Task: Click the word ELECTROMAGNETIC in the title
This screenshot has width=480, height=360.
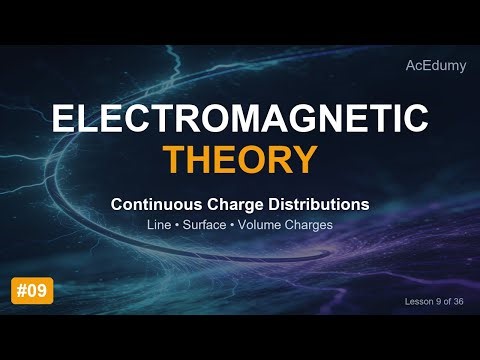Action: (240, 119)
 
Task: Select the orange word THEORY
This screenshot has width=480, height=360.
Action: (240, 158)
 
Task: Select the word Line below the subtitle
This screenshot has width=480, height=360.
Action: (160, 225)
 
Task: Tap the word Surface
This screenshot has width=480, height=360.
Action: (204, 225)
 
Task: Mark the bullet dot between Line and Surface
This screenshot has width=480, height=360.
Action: (177, 225)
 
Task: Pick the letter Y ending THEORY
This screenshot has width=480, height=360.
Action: (306, 158)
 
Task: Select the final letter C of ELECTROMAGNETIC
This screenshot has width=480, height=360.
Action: (416, 119)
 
